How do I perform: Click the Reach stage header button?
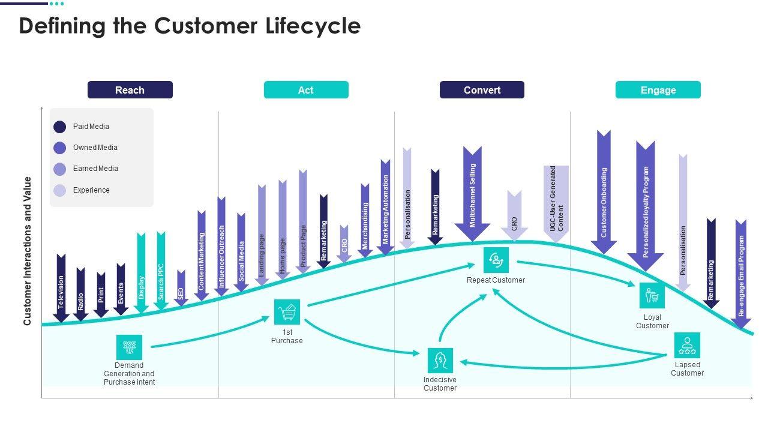click(x=130, y=90)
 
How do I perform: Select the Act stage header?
click(x=306, y=90)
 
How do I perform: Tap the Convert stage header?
click(x=482, y=90)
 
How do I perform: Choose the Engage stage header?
click(x=658, y=90)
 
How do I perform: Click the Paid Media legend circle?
click(x=60, y=127)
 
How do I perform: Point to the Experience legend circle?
click(x=60, y=190)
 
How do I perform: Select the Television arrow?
click(x=61, y=288)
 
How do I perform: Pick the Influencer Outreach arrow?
click(x=221, y=246)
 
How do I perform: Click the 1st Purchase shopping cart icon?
click(x=287, y=312)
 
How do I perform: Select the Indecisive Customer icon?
click(x=440, y=361)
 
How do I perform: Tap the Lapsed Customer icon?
click(x=687, y=346)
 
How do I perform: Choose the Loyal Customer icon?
click(x=652, y=296)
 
